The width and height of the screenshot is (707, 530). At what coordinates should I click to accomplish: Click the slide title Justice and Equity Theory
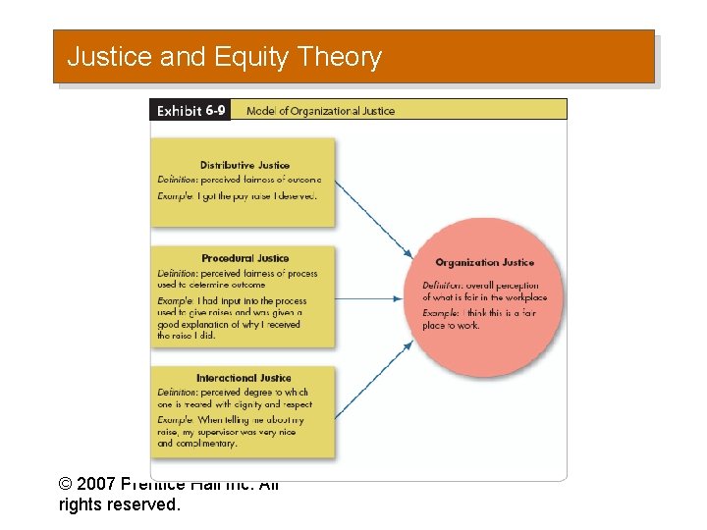224,57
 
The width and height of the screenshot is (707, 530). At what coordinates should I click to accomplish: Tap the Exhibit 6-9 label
191,110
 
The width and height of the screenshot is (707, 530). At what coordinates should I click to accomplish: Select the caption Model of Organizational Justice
320,111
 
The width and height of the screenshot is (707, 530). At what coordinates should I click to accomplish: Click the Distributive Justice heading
245,165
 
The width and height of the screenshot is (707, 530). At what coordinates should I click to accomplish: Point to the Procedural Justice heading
245,258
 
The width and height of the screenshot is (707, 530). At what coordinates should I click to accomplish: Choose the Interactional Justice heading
244,378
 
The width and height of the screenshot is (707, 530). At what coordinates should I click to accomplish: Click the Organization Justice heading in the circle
484,262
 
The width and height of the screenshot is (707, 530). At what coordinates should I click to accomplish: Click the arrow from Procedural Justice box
373,298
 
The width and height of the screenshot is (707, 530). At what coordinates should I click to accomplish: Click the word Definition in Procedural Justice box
177,274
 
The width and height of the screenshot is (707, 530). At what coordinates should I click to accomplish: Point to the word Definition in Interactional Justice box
177,393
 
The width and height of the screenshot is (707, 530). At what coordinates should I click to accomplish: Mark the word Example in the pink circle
441,312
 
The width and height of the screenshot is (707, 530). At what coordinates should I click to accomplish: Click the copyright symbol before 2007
66,485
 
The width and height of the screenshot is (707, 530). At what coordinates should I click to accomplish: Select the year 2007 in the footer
96,485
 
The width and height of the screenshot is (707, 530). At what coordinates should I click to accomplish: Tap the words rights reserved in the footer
119,505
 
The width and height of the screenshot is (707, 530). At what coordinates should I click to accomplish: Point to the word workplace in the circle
524,297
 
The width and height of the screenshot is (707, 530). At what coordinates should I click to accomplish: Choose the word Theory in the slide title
338,57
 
